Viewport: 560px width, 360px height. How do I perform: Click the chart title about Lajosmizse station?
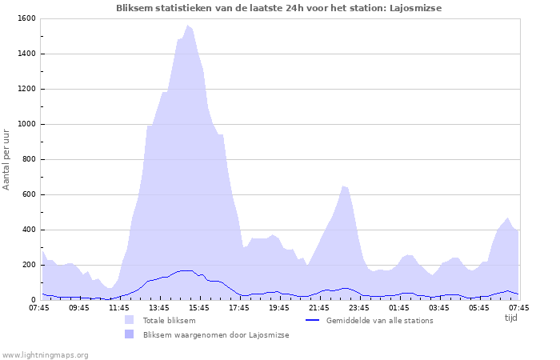[278, 8]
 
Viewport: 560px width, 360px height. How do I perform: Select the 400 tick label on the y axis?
[27, 230]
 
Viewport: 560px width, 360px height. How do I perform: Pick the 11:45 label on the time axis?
[118, 307]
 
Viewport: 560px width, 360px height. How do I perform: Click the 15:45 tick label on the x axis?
[198, 307]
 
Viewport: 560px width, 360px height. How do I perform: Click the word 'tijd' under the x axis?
[511, 318]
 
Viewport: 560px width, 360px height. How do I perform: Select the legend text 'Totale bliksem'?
[169, 321]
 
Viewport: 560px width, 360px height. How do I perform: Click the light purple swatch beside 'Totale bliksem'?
[130, 320]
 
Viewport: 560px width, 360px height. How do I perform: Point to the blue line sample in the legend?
[313, 321]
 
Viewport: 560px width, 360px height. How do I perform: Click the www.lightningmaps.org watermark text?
[45, 354]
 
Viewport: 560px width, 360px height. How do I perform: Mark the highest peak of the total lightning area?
[188, 26]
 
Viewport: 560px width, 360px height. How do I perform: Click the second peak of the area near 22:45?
[343, 186]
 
